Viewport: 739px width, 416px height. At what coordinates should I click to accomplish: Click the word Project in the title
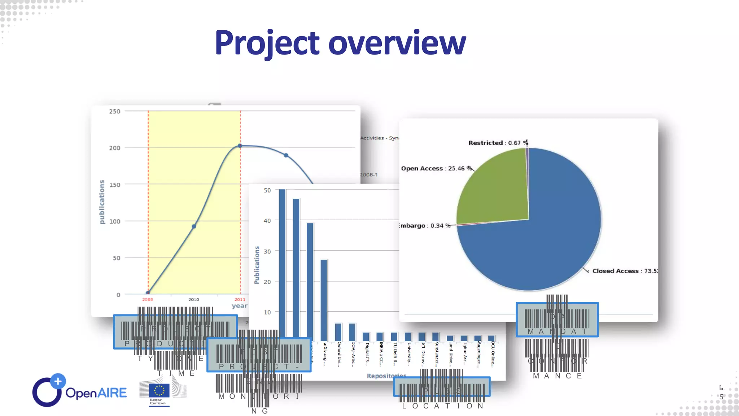pos(267,43)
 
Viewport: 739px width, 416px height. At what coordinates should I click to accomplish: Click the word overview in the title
pos(397,43)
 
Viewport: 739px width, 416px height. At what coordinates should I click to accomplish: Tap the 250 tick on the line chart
pos(115,111)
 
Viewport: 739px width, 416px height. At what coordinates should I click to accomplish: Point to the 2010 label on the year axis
pos(193,299)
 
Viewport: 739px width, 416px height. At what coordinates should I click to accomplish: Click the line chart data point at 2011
pos(240,146)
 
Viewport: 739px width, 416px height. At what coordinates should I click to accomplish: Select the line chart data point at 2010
pos(194,226)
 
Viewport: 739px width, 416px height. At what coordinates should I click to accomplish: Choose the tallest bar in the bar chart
pos(282,264)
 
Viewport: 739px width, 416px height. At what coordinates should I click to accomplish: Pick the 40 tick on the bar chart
pos(267,221)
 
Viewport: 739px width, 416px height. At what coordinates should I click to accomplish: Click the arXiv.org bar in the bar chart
pos(324,300)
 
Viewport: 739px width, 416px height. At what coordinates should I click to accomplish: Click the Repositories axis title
pos(386,376)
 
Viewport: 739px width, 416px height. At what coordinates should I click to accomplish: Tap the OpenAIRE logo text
pos(96,393)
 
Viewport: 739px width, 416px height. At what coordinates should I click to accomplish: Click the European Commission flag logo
pos(159,390)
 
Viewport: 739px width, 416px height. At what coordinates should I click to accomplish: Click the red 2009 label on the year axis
pos(147,299)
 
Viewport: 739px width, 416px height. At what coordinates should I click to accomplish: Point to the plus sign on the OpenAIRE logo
pos(58,381)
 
